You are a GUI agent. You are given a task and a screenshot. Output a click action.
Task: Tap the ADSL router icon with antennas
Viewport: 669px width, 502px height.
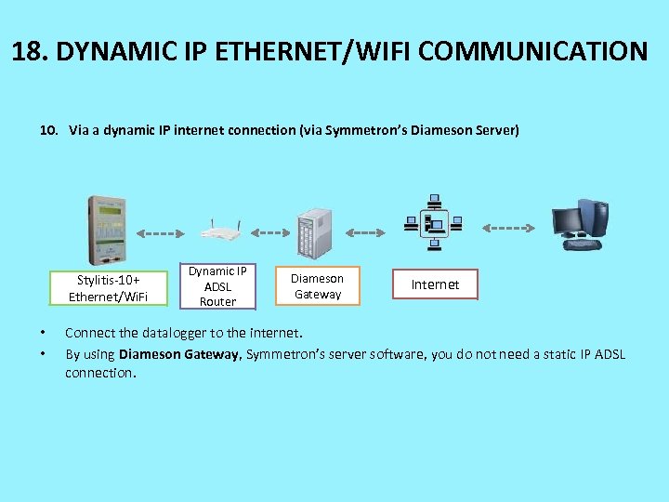tap(220, 233)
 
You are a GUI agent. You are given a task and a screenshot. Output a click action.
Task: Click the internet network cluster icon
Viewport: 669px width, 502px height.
tap(433, 223)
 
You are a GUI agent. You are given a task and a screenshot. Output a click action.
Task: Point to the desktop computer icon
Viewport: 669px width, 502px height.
tap(580, 225)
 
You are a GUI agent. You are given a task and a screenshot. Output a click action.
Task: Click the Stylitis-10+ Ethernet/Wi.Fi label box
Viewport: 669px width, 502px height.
tap(107, 288)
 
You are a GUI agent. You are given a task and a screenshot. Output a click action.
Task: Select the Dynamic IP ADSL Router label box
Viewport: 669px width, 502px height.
tap(218, 285)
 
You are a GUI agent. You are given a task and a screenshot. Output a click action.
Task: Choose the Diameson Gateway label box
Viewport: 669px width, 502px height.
tap(318, 286)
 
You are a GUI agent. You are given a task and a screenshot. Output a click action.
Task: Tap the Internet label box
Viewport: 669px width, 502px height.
tap(435, 284)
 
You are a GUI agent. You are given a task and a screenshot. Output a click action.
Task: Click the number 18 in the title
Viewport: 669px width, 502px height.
tap(26, 50)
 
